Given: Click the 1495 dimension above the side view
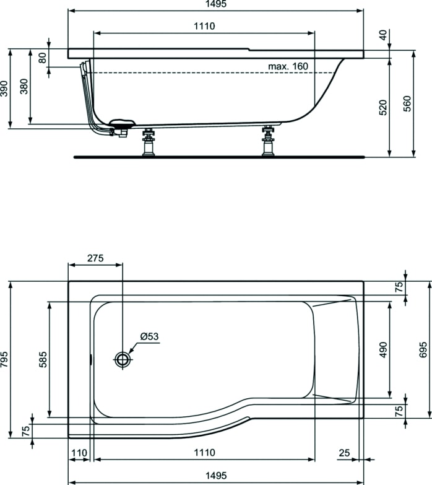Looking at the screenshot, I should pyautogui.click(x=215, y=4).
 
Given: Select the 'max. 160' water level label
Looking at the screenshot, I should pyautogui.click(x=287, y=66).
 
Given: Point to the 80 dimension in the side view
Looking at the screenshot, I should pyautogui.click(x=43, y=58).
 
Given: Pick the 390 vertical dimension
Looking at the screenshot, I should pyautogui.click(x=5, y=89).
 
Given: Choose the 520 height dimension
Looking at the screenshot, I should pyautogui.click(x=384, y=107).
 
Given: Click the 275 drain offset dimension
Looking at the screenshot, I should pyautogui.click(x=95, y=258).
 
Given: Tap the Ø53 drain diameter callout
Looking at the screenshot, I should pyautogui.click(x=149, y=337).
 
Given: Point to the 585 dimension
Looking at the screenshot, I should pyautogui.click(x=42, y=359).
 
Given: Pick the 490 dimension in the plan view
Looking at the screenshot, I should pyautogui.click(x=384, y=350).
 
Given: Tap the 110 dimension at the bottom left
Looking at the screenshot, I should pyautogui.click(x=79, y=453).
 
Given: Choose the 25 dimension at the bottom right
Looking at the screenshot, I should pyautogui.click(x=344, y=453).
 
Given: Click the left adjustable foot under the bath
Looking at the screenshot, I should pyautogui.click(x=149, y=143).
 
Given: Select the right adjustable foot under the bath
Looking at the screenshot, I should pyautogui.click(x=268, y=143).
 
